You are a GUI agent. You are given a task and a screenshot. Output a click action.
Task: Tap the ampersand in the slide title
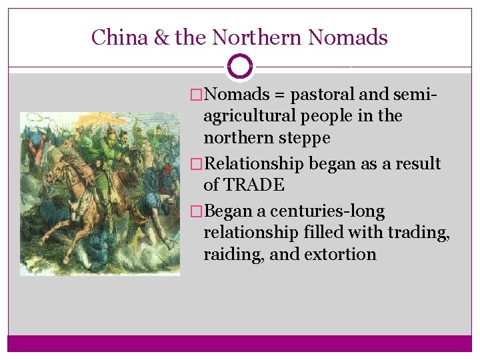(x=161, y=37)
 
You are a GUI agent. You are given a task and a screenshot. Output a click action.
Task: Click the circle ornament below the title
(x=240, y=67)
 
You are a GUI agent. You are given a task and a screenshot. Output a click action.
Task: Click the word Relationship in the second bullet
(x=254, y=164)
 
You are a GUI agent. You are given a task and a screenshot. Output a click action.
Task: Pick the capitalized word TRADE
(x=254, y=185)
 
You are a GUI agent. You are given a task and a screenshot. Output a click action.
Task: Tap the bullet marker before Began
(x=196, y=212)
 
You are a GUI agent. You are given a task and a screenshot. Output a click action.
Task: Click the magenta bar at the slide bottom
(x=240, y=343)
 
